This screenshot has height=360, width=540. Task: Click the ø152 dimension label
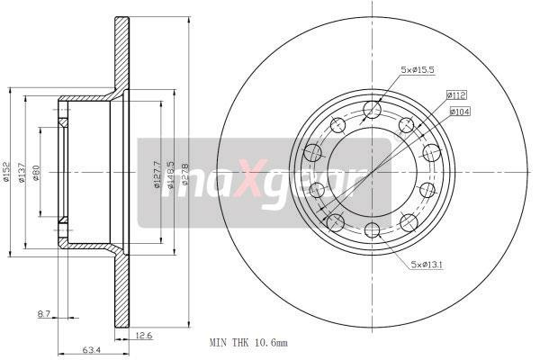pyautogui.click(x=6, y=172)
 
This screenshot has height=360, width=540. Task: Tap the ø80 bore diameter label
pyautogui.click(x=37, y=172)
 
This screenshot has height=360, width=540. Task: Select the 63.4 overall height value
pyautogui.click(x=91, y=350)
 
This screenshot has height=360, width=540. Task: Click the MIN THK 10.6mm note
pyautogui.click(x=248, y=343)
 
